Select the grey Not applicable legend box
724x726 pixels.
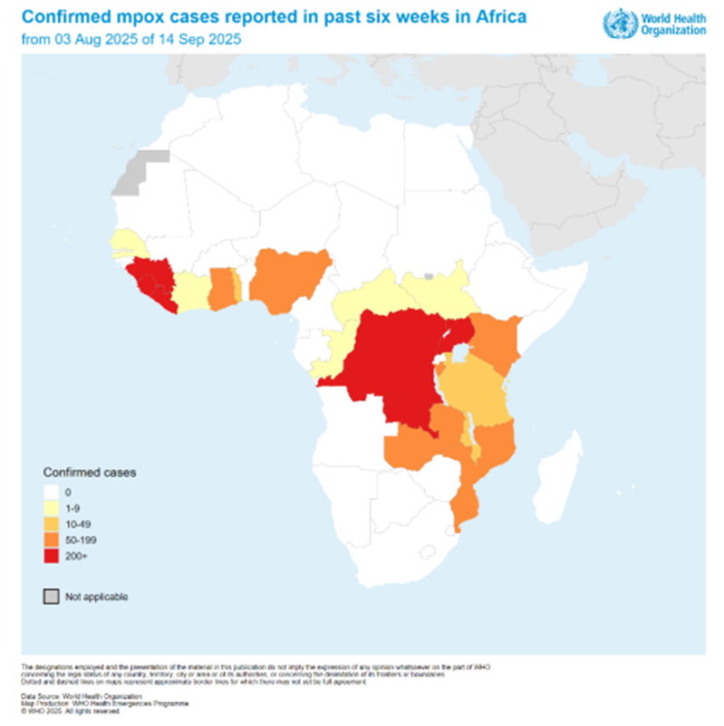pos(53,597)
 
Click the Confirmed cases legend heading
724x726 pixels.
pos(83,472)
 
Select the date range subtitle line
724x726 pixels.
pos(130,40)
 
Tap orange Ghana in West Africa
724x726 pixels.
pos(220,290)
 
